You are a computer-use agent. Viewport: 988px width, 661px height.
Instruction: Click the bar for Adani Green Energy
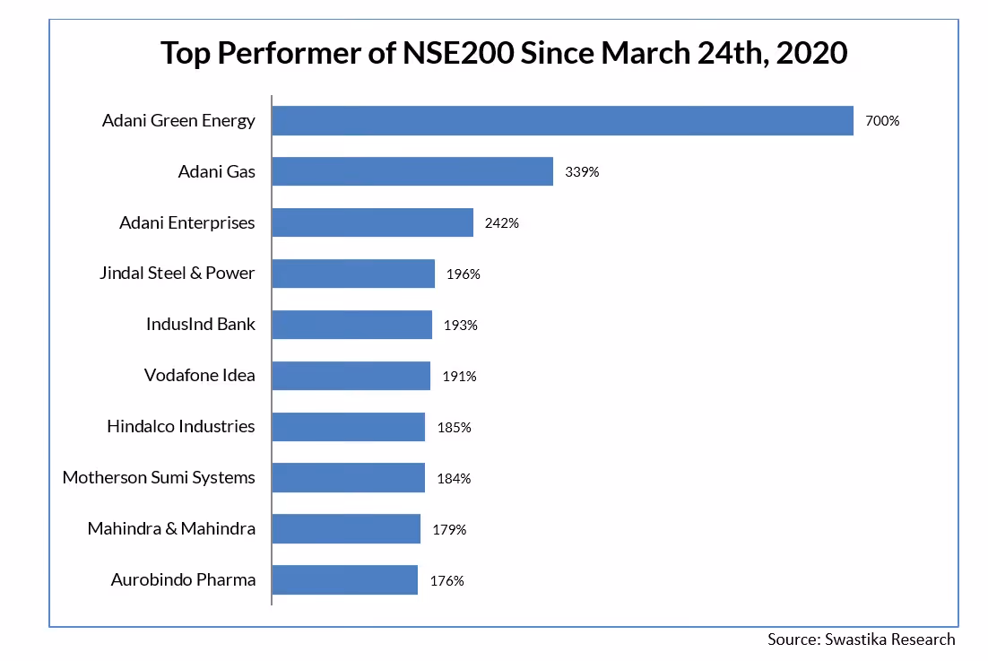point(562,120)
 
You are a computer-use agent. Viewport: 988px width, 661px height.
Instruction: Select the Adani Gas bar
point(412,171)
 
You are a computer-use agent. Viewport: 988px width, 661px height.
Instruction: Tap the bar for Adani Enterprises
point(372,222)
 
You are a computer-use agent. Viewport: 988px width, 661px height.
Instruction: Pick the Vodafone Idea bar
point(351,376)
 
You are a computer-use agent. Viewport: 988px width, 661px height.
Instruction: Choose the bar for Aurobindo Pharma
point(344,580)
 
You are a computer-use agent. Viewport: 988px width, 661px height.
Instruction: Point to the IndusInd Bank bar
point(351,325)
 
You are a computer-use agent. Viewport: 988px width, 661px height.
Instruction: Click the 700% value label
point(882,121)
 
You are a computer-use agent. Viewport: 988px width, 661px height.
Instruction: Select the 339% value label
point(582,172)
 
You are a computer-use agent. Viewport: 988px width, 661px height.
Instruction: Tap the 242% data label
point(502,223)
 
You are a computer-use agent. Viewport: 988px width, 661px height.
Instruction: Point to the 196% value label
point(464,274)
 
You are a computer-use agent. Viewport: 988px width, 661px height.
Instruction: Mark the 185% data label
point(454,428)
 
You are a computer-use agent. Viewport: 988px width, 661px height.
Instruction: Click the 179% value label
point(449,529)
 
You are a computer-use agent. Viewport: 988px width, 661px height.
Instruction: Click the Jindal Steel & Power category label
point(178,273)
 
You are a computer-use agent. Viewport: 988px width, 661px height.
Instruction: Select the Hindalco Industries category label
point(181,426)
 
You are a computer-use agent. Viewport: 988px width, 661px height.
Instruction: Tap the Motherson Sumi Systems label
point(159,477)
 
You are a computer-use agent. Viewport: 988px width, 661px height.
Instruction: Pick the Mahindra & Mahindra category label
point(171,528)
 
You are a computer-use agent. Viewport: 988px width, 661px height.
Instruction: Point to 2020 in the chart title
point(812,53)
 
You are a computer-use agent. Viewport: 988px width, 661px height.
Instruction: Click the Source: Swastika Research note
point(861,639)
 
